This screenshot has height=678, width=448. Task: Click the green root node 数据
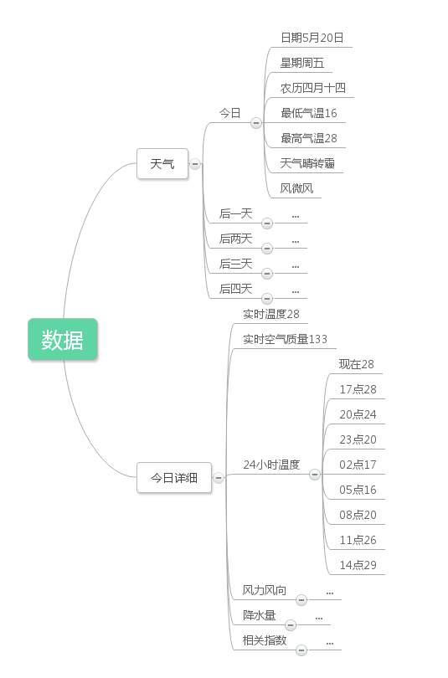[63, 340]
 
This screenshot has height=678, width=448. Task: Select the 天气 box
[162, 163]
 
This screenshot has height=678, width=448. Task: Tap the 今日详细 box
[174, 477]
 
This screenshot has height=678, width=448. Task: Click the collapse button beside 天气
[195, 164]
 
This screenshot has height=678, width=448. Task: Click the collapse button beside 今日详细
[219, 478]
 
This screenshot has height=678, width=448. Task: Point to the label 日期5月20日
[312, 38]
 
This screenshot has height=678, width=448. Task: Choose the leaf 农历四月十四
[312, 88]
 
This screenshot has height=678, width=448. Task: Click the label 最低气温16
[309, 113]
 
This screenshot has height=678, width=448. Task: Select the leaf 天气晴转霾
[307, 163]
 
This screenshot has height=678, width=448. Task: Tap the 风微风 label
[296, 188]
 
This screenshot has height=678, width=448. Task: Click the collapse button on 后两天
[267, 249]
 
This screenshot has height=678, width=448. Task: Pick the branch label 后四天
[235, 289]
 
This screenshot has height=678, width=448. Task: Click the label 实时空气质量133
[285, 339]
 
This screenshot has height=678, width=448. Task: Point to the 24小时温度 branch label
[271, 465]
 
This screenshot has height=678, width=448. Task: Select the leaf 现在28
[357, 364]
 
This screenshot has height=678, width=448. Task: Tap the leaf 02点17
[358, 465]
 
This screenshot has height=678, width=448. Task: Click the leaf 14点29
[358, 565]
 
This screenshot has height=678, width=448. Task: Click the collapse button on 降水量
[291, 624]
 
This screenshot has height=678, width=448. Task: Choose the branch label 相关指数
[265, 640]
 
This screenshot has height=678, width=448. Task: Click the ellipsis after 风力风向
[330, 593]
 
